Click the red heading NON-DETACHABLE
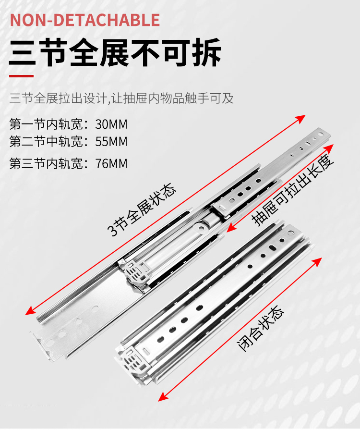pos(85,20)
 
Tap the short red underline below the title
pos(22,76)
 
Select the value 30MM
pos(111,124)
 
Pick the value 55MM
pos(111,142)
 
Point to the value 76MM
pos(111,163)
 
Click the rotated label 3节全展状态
pos(142,210)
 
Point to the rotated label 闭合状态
pos(262,329)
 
